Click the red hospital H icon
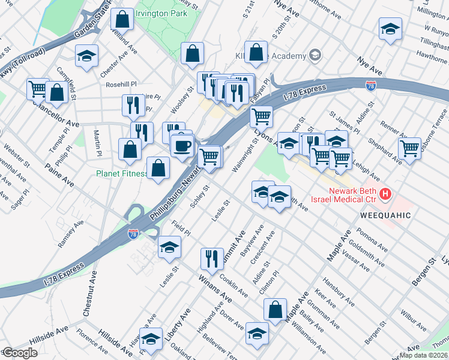(x=385, y=195)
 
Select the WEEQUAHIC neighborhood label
(x=385, y=215)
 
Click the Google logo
(x=19, y=353)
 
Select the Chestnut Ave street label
(x=90, y=293)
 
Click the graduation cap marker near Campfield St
(x=86, y=56)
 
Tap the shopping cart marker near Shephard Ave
(x=409, y=148)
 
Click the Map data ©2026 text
(x=424, y=355)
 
